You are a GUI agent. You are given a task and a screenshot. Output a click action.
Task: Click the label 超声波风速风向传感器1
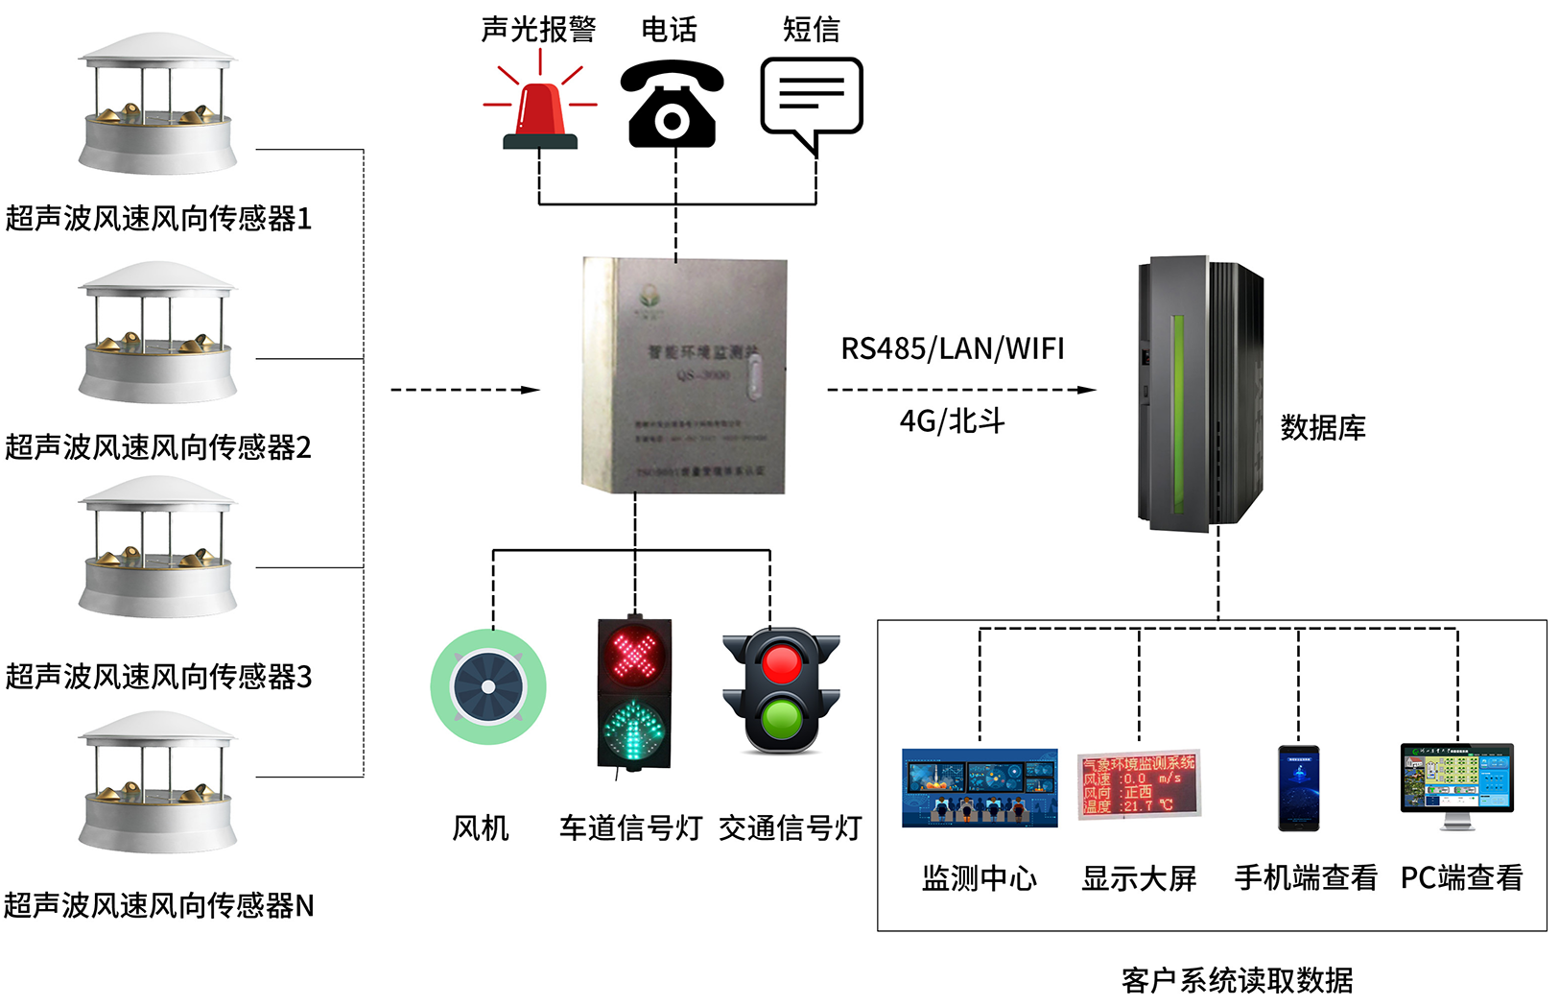pyautogui.click(x=158, y=219)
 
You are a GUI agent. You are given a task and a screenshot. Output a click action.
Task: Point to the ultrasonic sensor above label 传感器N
pyautogui.click(x=157, y=782)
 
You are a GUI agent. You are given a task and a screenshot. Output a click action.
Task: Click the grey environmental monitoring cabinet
pyautogui.click(x=684, y=375)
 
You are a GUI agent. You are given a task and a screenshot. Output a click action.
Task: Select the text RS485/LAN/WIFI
pyautogui.click(x=952, y=348)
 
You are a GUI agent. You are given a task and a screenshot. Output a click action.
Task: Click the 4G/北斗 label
pyautogui.click(x=952, y=420)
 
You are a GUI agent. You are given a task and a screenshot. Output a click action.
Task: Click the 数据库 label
pyautogui.click(x=1322, y=427)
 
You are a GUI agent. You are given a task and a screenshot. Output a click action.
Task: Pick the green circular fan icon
pyautogui.click(x=488, y=686)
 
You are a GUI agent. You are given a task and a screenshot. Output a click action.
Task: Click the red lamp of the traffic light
pyautogui.click(x=781, y=663)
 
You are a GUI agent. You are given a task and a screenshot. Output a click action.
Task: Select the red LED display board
pyautogui.click(x=1138, y=784)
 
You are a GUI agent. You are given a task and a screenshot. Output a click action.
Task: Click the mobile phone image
pyautogui.click(x=1298, y=787)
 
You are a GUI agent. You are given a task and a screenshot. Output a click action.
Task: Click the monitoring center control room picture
pyautogui.click(x=980, y=787)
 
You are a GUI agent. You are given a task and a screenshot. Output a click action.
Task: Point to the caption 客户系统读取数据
pyautogui.click(x=1237, y=980)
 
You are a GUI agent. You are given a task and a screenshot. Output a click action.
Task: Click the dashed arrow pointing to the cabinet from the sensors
pyautogui.click(x=465, y=390)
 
